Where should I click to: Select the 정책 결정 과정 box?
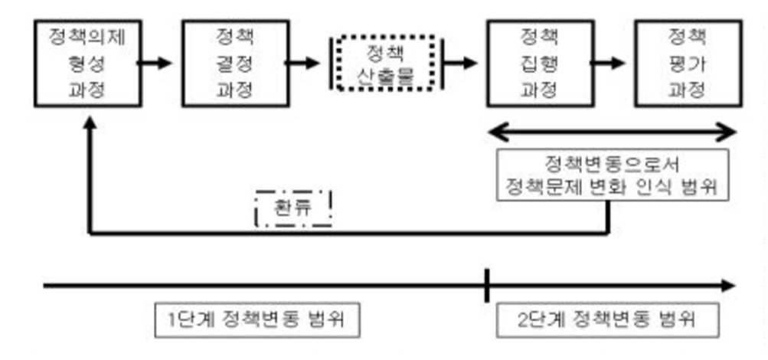tap(235, 62)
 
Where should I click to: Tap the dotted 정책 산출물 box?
tap(385, 63)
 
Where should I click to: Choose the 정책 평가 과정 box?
tap(686, 62)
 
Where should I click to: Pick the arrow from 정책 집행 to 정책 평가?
tap(613, 62)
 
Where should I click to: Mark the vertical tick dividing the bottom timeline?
tap(486, 286)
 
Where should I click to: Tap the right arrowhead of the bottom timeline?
tap(727, 286)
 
